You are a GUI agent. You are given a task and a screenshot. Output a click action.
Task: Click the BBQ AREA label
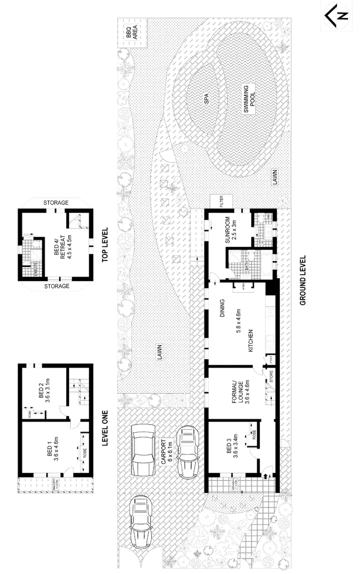click(132, 32)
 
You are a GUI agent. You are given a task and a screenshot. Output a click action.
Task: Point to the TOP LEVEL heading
click(107, 243)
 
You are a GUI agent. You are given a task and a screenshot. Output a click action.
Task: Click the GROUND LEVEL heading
click(303, 280)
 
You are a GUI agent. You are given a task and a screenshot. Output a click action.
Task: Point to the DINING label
click(222, 307)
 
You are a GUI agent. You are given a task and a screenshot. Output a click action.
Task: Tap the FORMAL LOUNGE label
click(237, 389)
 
